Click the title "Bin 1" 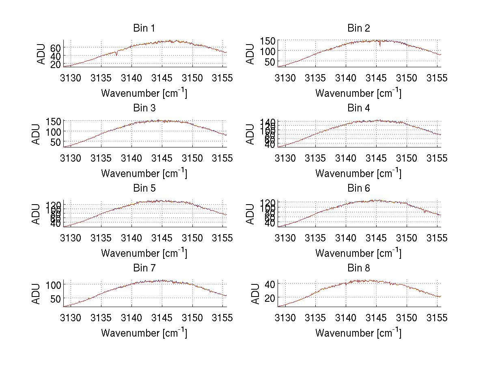(144, 28)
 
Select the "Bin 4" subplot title (359, 108)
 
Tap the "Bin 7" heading (144, 268)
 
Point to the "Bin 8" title (359, 268)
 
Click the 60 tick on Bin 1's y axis (55, 47)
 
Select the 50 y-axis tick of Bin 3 (55, 142)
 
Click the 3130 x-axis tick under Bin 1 (71, 78)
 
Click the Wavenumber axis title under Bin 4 (358, 173)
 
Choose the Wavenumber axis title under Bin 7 (144, 333)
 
